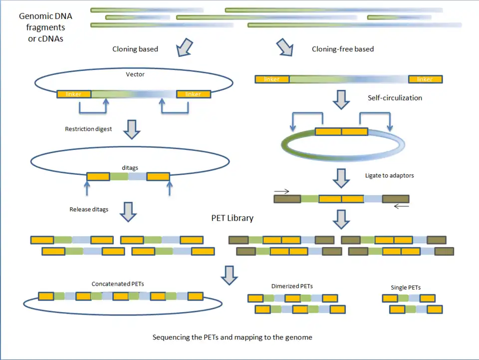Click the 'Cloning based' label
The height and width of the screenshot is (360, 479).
tap(135, 49)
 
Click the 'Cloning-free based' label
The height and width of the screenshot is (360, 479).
tap(343, 49)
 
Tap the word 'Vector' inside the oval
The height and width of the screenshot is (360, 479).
tap(135, 75)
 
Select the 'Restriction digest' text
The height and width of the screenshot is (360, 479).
tap(88, 129)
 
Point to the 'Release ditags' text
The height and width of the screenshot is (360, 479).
tap(89, 209)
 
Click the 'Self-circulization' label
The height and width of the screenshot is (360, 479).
tap(395, 98)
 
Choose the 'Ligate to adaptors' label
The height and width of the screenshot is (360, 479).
tap(390, 176)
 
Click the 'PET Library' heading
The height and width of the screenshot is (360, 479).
tap(232, 218)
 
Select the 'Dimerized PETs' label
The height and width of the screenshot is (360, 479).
tap(292, 286)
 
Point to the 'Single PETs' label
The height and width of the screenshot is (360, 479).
tap(406, 287)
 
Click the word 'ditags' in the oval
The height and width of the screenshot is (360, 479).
tap(130, 168)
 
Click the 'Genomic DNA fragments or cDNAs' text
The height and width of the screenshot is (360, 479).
tap(45, 27)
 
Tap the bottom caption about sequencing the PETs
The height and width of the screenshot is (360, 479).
tap(232, 337)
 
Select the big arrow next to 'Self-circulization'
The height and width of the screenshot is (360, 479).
tap(342, 99)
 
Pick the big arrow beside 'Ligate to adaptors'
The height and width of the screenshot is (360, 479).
tap(342, 177)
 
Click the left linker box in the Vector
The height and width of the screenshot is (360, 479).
tap(73, 94)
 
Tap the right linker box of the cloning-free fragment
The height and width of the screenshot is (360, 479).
tap(425, 79)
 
